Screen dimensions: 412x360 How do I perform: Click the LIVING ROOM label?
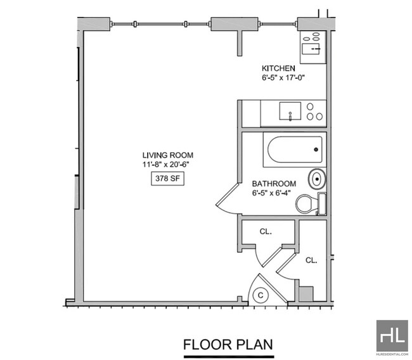[167, 155]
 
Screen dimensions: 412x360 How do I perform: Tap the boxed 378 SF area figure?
[167, 179]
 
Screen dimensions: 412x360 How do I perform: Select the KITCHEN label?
[278, 68]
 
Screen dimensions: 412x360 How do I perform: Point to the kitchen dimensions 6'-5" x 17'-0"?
[283, 78]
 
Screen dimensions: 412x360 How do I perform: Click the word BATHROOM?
[274, 183]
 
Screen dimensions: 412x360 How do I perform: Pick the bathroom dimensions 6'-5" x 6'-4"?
[271, 193]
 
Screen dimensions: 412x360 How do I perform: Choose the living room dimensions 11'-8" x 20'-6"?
[166, 165]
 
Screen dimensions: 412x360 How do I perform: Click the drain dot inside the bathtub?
[316, 150]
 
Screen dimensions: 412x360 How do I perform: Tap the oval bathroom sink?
[317, 179]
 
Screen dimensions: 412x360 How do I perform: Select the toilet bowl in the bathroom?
[306, 203]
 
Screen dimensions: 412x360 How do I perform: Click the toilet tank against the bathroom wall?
[322, 204]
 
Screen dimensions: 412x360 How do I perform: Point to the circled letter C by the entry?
[261, 295]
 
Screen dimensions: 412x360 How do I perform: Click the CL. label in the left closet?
[266, 231]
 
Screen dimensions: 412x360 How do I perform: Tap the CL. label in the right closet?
[311, 260]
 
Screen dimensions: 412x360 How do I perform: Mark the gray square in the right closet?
[306, 294]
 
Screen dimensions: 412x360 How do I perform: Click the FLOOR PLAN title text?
[228, 345]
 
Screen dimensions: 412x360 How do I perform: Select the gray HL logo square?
[392, 335]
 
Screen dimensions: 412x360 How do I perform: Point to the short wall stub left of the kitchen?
[240, 43]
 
